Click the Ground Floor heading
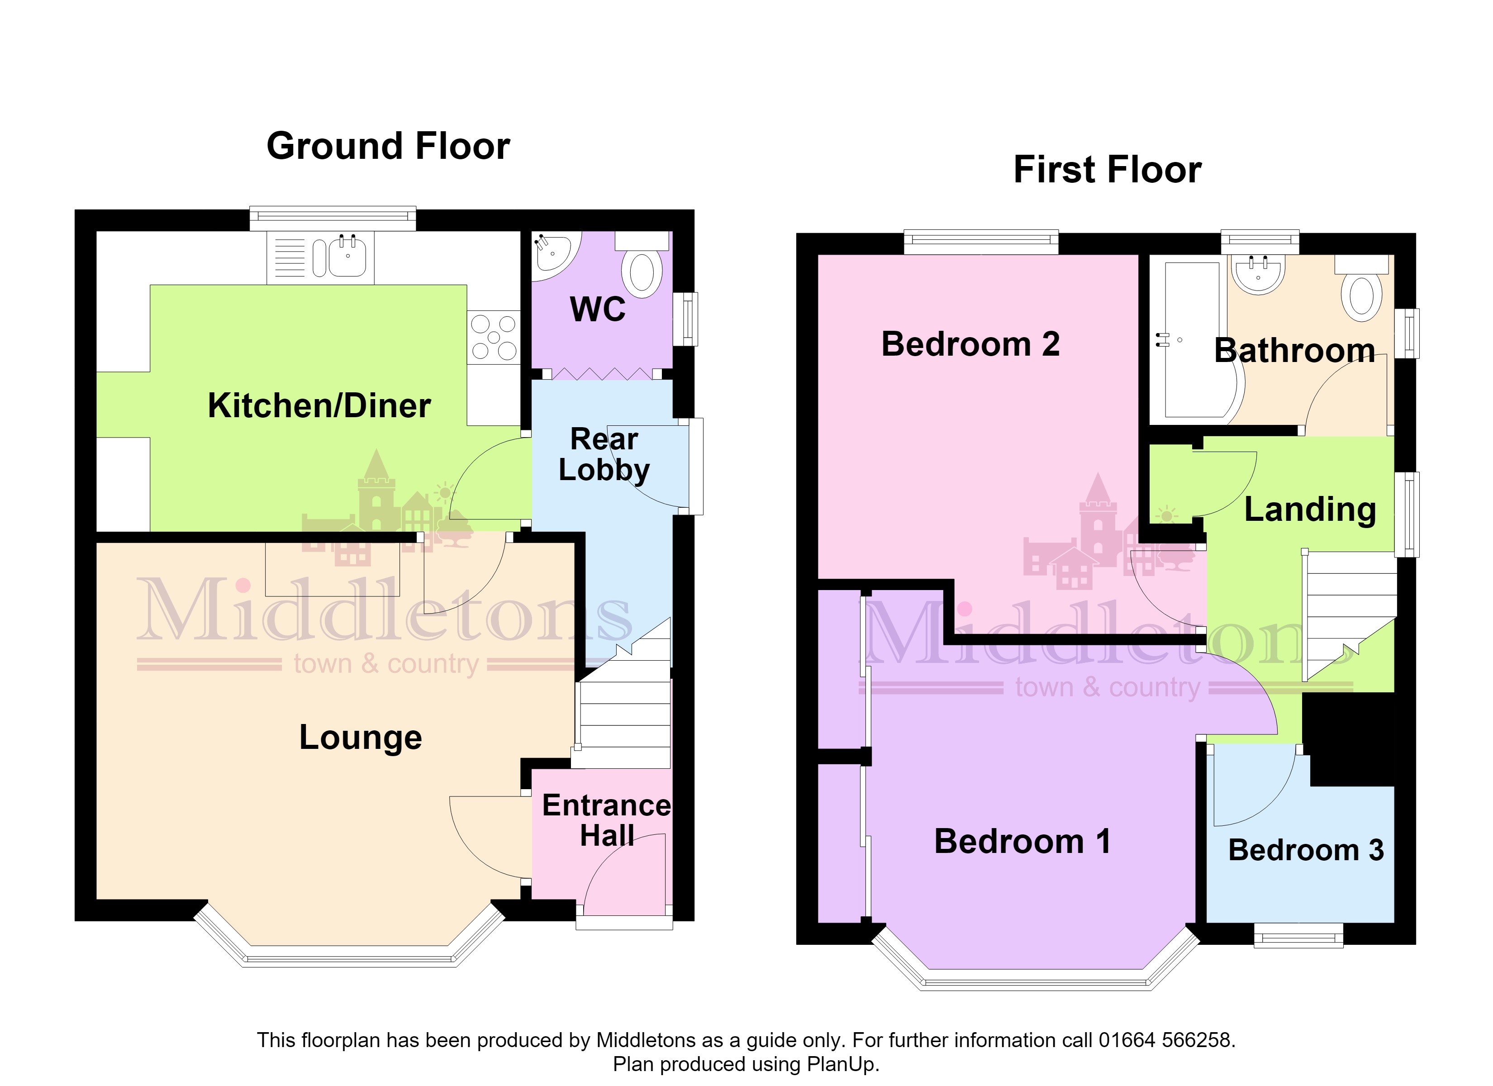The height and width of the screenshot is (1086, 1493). tap(388, 146)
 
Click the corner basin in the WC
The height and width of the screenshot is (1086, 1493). tap(553, 252)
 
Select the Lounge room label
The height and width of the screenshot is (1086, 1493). tap(361, 738)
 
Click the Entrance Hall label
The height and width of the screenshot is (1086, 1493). tap(606, 820)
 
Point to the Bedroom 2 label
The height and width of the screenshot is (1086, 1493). tap(970, 344)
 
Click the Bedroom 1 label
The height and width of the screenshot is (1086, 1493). tap(1022, 842)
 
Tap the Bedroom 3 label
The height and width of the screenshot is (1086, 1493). tap(1306, 850)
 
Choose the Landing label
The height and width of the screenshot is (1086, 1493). tap(1310, 510)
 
